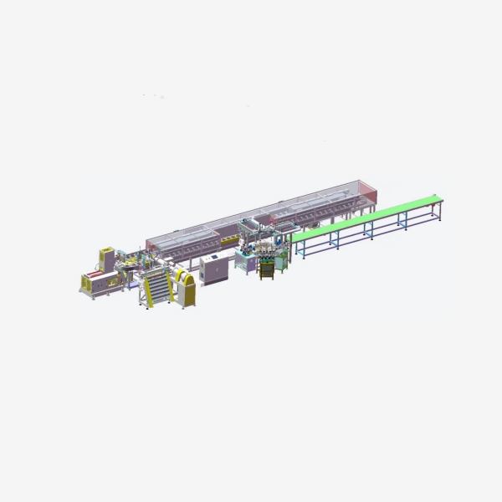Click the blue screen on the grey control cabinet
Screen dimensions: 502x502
[x=213, y=257]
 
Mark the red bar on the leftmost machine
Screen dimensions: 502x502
[x=94, y=274]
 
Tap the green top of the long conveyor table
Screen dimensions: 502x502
[x=368, y=219]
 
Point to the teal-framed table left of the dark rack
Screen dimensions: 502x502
[x=243, y=261]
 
